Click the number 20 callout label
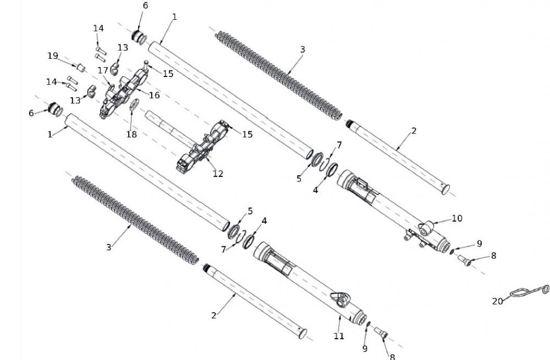coord(497,301)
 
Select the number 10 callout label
coord(457,218)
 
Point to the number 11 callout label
coord(339,336)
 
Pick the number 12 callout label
coord(218,174)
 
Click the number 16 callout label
coord(154,95)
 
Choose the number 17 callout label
coord(103,70)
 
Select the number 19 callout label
coord(53,56)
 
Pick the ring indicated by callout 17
coord(112,86)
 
